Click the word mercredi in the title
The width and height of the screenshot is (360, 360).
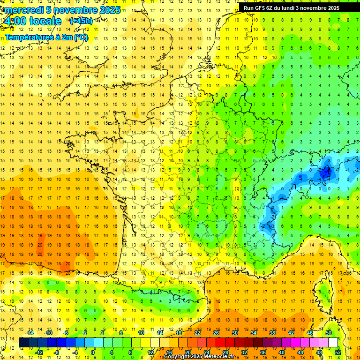[24, 10]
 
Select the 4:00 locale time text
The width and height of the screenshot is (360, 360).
[33, 21]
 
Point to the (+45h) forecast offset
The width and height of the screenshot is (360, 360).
[81, 21]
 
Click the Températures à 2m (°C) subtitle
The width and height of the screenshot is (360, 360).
[46, 37]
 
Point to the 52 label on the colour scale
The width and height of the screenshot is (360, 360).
[338, 352]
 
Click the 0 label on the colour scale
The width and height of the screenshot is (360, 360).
[93, 352]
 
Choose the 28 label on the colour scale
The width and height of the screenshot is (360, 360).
[225, 352]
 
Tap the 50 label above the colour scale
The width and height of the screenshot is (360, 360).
[329, 333]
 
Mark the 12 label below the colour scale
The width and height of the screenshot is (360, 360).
[150, 352]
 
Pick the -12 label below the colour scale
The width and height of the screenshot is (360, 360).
[40, 352]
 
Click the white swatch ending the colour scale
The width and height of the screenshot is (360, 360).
[333, 343]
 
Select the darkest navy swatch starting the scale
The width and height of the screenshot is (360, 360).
[23, 343]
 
